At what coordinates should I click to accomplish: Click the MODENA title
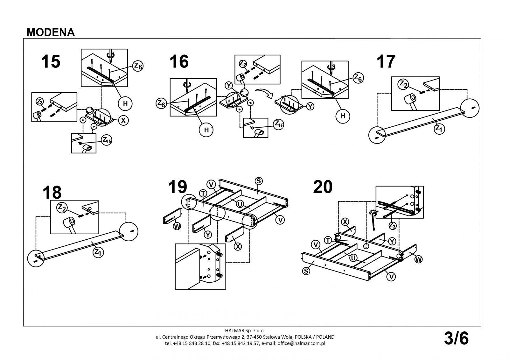51,32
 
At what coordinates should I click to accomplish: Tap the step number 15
51,61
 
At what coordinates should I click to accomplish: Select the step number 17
386,61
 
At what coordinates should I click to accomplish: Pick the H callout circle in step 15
125,103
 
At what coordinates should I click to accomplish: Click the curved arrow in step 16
265,93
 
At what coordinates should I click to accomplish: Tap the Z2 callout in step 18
62,208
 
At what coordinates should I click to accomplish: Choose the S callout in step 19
259,181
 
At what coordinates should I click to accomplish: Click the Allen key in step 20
373,220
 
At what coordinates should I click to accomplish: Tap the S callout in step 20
306,271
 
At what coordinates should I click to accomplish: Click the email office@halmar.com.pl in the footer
301,343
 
